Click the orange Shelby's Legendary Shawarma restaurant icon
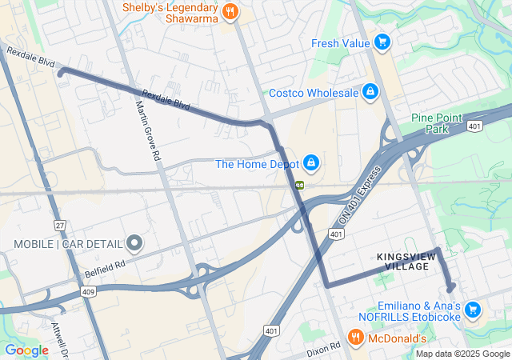coord(230,11)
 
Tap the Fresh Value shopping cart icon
coord(382,42)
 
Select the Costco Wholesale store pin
coord(370,93)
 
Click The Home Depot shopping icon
coord(311,164)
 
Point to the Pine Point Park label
coord(437,122)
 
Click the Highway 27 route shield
coord(61,226)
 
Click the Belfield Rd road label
coord(105,267)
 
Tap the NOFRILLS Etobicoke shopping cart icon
coord(473,309)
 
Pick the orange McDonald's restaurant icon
coord(356,338)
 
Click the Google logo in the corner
coord(26,350)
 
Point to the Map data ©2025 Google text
coord(462,354)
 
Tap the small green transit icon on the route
coord(299,184)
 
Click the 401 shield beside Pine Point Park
coord(475,126)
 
